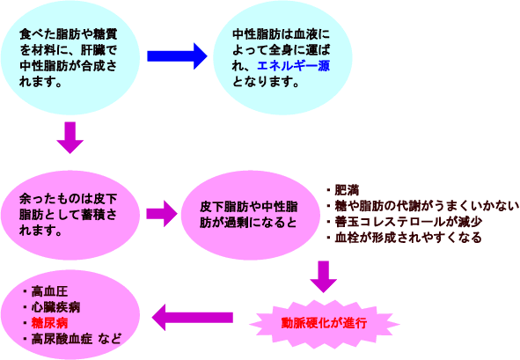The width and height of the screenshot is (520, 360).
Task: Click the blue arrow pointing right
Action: point(177,56)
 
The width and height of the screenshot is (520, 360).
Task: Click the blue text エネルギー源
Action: point(294,66)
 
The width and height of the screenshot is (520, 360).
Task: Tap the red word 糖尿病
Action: point(49,323)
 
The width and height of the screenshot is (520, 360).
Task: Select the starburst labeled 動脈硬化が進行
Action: point(324,323)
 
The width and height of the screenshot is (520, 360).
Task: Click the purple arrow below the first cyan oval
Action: point(70,137)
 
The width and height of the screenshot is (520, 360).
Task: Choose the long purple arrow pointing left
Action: point(193,318)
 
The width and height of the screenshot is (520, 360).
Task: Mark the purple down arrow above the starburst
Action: point(324,276)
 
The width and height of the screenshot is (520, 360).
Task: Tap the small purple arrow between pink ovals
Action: point(162,214)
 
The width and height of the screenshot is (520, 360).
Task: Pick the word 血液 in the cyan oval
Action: point(305,34)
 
